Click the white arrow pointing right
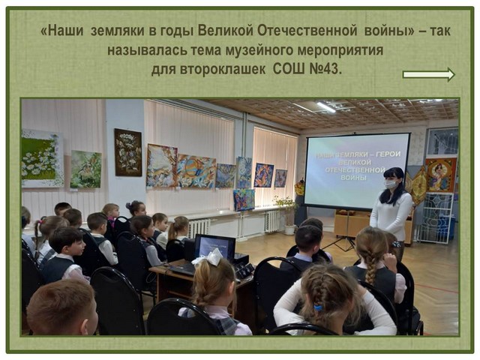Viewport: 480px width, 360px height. point(429,74)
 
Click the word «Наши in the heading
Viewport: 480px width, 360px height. point(62,31)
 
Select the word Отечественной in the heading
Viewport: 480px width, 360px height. point(307,31)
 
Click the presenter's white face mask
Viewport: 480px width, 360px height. point(390,184)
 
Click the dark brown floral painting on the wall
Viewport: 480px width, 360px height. point(128,152)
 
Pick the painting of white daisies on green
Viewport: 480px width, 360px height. point(42,157)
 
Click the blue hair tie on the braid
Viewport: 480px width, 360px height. point(318,307)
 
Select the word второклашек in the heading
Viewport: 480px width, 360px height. point(223,69)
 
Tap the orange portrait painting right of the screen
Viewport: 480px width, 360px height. point(441,175)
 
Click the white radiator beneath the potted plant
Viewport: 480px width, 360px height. point(272,221)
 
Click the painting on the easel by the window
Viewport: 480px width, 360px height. point(244,200)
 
